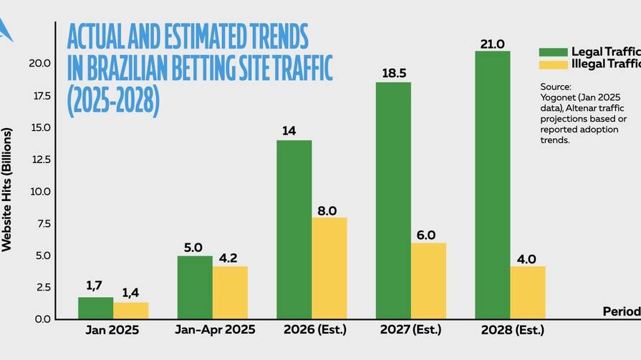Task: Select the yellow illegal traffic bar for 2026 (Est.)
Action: point(329,268)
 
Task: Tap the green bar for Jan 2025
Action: point(95,308)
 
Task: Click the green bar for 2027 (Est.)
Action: point(393,200)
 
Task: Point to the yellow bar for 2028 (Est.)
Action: point(528,293)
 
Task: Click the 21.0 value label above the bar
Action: point(492,44)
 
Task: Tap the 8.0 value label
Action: point(329,210)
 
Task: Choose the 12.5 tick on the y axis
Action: point(40,160)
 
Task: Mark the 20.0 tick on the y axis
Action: point(40,64)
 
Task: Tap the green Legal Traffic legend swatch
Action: point(553,52)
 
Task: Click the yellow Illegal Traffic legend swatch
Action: point(553,64)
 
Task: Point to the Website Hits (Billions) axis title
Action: point(7,190)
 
